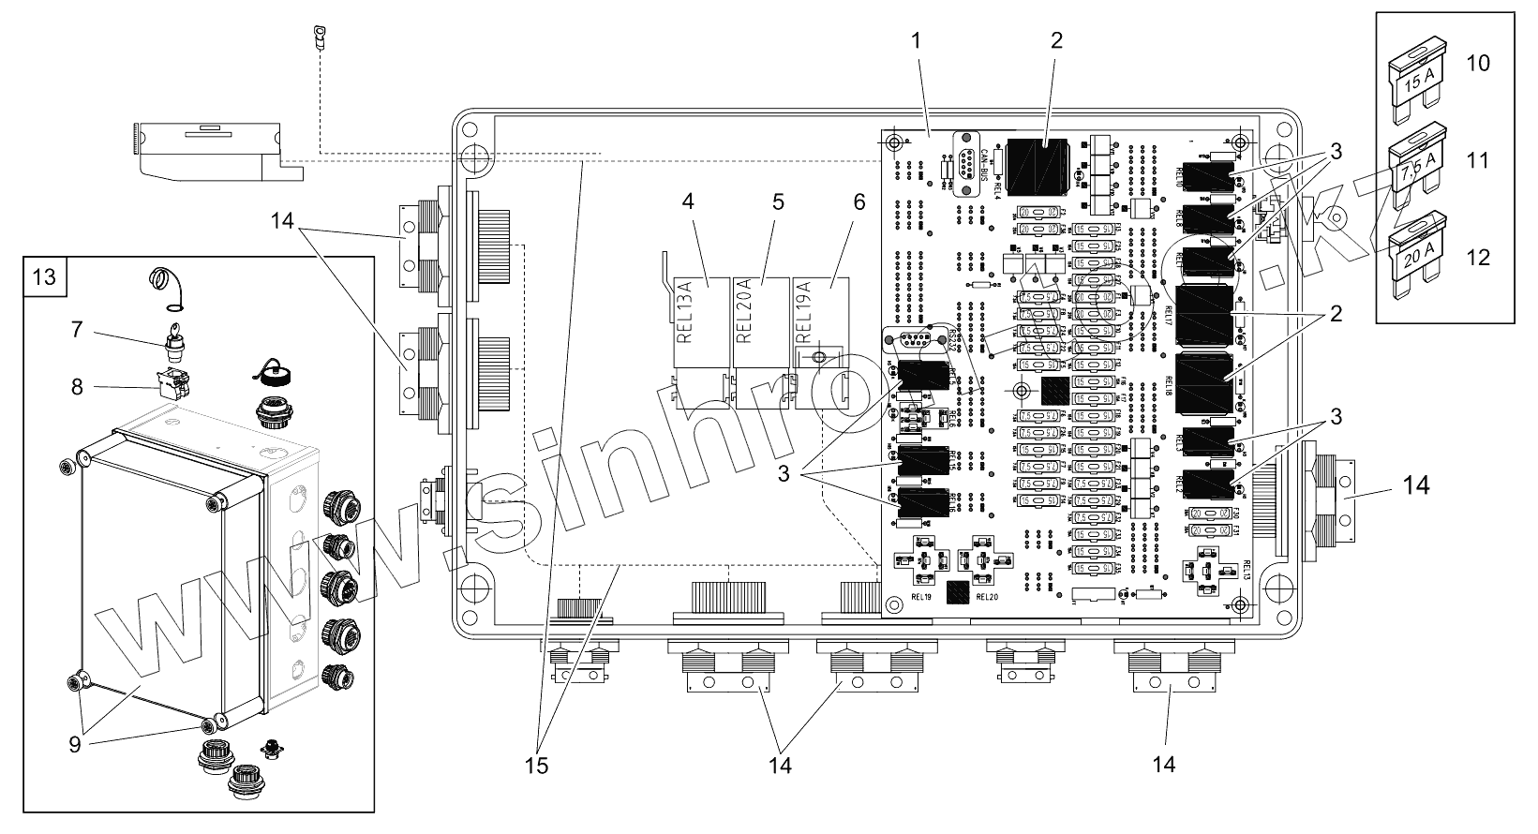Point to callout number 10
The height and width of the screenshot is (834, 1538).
click(1477, 64)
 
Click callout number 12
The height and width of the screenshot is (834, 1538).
click(1477, 256)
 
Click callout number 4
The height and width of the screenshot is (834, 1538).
click(689, 202)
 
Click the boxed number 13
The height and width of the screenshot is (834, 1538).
click(44, 276)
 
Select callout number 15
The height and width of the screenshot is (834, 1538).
click(537, 765)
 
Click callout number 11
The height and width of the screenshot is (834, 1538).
click(1477, 160)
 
